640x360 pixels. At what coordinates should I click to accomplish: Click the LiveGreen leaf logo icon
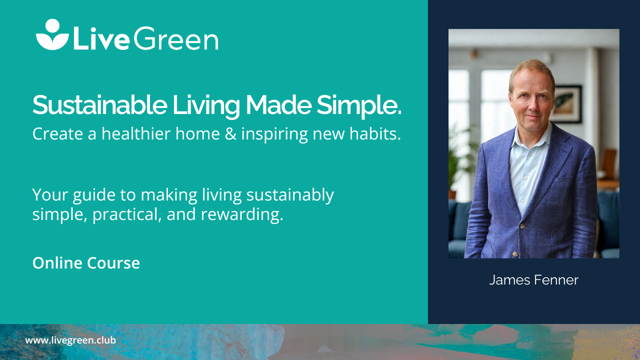(52, 34)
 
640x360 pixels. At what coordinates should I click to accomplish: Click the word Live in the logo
(101, 38)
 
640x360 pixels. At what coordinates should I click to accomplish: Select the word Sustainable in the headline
(99, 105)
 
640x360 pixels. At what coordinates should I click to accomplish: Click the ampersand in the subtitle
(230, 133)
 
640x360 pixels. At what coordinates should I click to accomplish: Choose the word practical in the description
(127, 215)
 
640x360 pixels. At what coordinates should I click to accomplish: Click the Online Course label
(86, 263)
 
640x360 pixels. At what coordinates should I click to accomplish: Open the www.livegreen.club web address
(70, 340)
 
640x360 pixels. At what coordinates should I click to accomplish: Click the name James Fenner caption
(533, 280)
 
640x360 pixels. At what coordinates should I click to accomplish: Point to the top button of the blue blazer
(522, 226)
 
